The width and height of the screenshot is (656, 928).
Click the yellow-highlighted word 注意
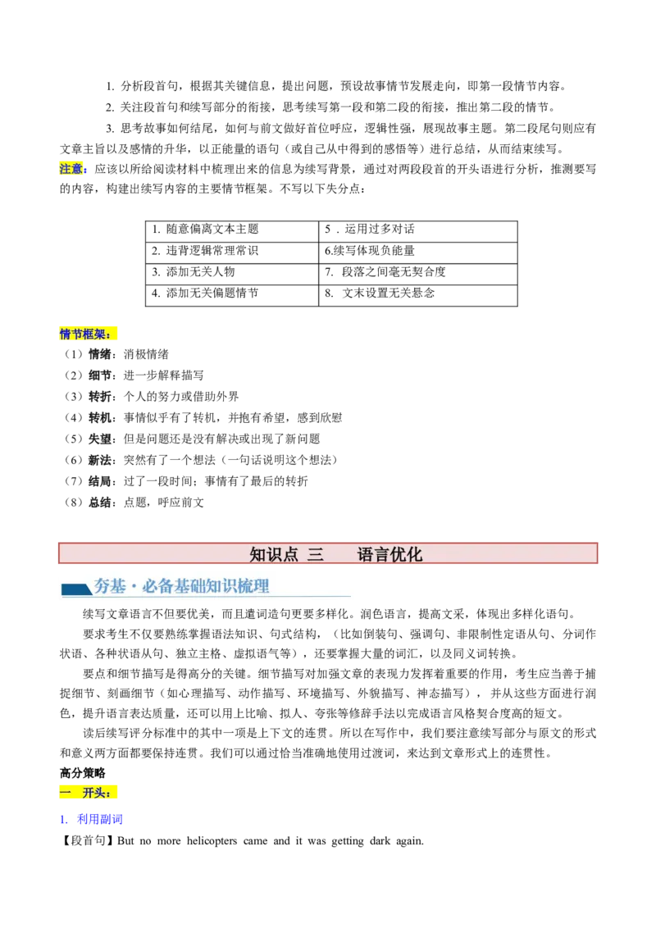[x=71, y=169]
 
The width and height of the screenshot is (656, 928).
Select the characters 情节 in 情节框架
[x=71, y=334]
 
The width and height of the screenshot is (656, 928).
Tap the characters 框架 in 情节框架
[x=94, y=334]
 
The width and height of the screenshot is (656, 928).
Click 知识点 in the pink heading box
[x=274, y=554]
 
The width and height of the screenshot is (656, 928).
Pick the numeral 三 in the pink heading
[x=315, y=554]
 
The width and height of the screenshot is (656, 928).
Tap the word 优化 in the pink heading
[x=407, y=554]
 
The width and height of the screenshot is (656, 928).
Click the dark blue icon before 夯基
[x=76, y=589]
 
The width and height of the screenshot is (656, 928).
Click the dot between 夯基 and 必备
[x=133, y=587]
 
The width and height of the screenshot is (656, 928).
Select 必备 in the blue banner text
[x=156, y=586]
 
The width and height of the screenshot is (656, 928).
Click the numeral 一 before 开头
[x=65, y=793]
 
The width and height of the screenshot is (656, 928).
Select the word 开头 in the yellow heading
[x=93, y=793]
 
